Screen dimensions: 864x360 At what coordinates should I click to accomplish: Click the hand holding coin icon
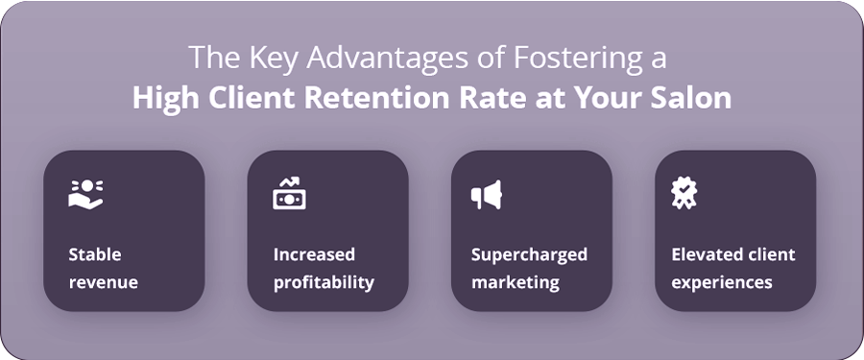[85, 194]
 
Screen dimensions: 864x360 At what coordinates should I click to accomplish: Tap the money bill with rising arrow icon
[289, 194]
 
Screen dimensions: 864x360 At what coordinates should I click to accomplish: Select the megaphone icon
[486, 195]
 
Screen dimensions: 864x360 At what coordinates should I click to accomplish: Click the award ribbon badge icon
[684, 194]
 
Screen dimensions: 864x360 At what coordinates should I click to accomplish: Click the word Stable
[95, 254]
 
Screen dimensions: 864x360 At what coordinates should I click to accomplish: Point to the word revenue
[103, 283]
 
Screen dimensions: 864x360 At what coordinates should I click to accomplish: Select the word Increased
[314, 254]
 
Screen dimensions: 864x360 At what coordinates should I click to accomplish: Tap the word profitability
[324, 283]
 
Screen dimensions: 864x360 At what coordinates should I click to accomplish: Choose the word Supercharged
[530, 255]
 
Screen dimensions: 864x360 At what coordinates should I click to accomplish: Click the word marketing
[516, 283]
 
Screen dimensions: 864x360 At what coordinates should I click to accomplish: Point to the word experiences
[722, 283]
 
